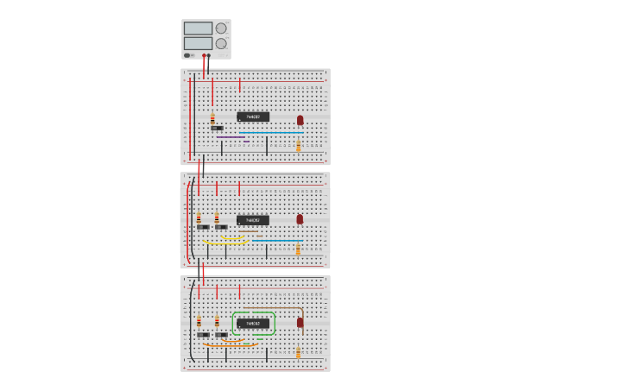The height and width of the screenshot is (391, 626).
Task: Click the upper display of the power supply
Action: [x=198, y=28]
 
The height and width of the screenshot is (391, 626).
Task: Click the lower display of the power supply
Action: [x=198, y=43]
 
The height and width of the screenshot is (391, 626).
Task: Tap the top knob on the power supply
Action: [x=221, y=28]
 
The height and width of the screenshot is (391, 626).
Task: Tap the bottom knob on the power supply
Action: [x=221, y=43]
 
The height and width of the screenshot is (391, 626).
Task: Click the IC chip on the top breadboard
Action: [x=253, y=117]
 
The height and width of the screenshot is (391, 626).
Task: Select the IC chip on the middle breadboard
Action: [x=253, y=220]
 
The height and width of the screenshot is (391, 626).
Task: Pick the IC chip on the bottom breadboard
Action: [x=253, y=324]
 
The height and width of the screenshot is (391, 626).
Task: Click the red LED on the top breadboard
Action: [x=300, y=120]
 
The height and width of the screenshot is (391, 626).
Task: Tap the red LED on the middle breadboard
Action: [x=300, y=219]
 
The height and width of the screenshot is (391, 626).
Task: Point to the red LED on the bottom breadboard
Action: [x=300, y=322]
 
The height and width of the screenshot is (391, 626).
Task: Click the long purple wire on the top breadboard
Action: [x=231, y=137]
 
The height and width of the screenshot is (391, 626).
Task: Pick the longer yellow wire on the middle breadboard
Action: [x=226, y=243]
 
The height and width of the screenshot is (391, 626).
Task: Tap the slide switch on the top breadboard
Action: [x=216, y=128]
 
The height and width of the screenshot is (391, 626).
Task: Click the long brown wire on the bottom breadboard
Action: [x=273, y=308]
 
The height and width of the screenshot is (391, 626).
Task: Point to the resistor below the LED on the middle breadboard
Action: [x=299, y=249]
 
